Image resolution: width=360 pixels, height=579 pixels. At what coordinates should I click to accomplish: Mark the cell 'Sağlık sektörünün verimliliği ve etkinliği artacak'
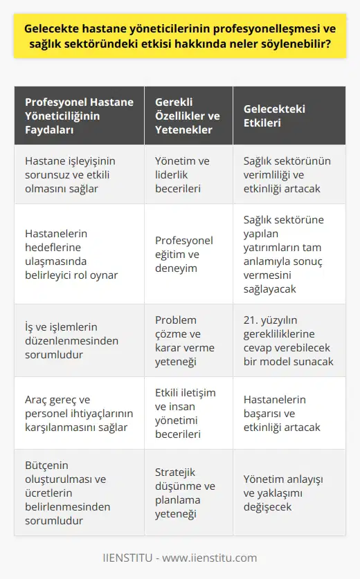[x=286, y=175]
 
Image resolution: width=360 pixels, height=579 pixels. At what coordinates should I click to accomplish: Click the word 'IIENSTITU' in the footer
[x=128, y=558]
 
